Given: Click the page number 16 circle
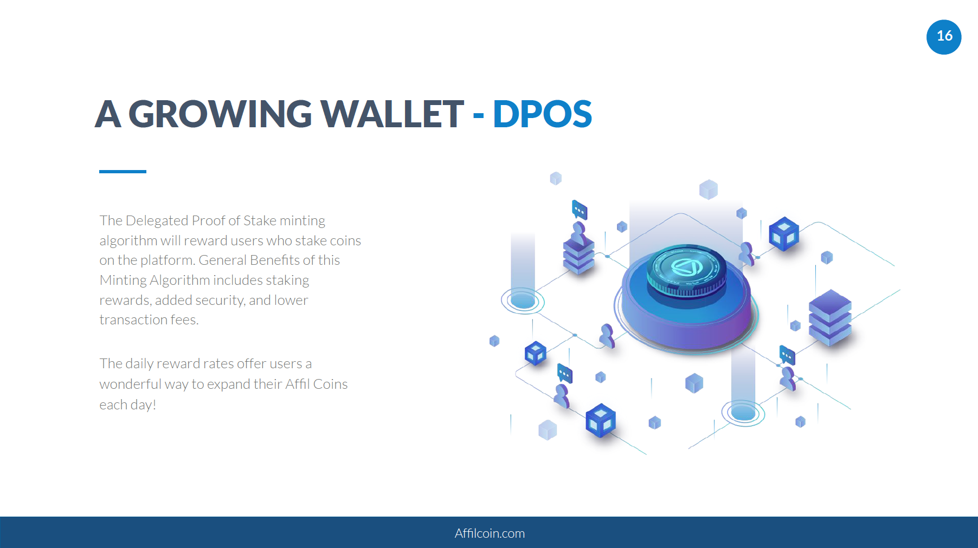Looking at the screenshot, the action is tap(944, 37).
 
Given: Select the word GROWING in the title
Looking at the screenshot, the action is tap(220, 114).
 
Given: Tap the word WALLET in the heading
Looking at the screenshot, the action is tap(392, 114).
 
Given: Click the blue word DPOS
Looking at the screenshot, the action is tap(542, 114).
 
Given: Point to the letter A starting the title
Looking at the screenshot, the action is tap(108, 114).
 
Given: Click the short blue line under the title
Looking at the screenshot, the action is tap(123, 172).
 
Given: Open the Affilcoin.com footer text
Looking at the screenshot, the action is tap(490, 533).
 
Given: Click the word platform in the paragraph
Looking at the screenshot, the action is tap(168, 260).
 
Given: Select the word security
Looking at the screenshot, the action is tap(220, 300).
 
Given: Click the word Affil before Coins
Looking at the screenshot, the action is tap(297, 384).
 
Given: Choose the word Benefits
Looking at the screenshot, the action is tap(274, 260).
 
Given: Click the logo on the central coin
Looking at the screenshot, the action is tap(686, 267).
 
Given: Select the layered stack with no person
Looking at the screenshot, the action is tap(830, 318).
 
